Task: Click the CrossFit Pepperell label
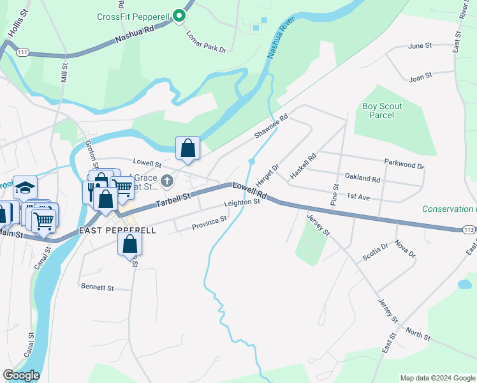tap(133, 16)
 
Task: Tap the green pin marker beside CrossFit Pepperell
tap(180, 16)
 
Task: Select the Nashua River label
tap(280, 38)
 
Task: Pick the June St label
tap(420, 46)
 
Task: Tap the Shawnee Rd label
tap(271, 126)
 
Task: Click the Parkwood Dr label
tap(404, 165)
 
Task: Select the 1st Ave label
tap(358, 197)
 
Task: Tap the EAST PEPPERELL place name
tap(117, 230)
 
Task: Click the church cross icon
tap(167, 181)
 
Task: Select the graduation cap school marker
tap(25, 188)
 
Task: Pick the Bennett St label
tap(97, 288)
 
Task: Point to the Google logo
tap(21, 375)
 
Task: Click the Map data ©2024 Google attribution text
tap(437, 378)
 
